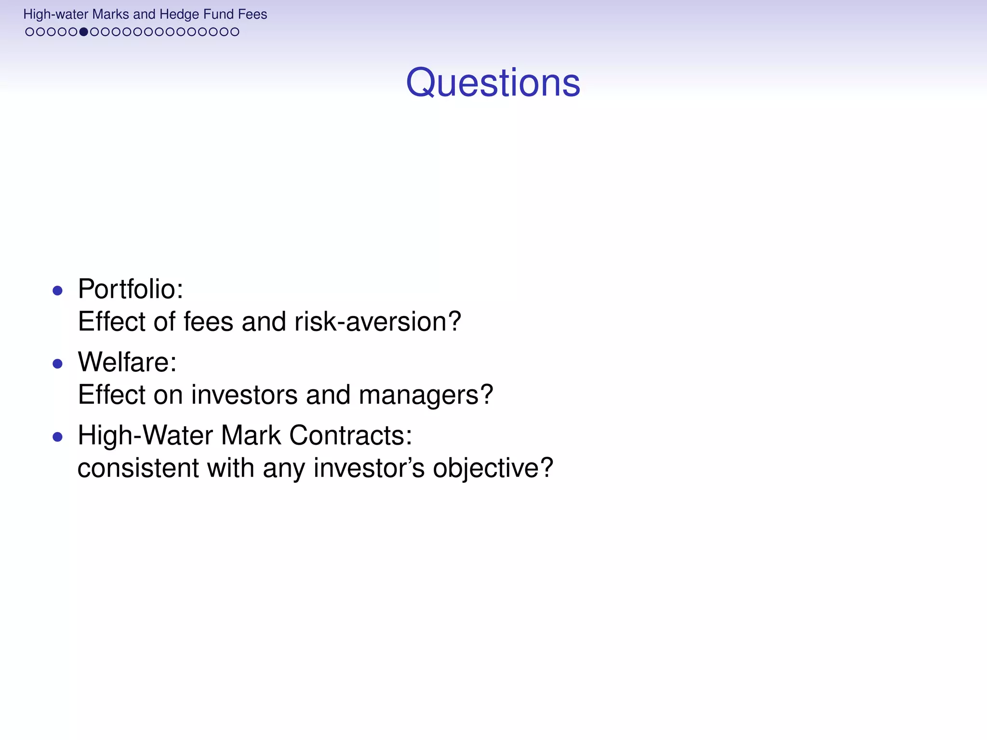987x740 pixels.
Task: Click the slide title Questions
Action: coord(493,83)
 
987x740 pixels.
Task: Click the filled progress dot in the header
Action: coord(84,32)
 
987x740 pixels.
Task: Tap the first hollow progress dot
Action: coord(30,32)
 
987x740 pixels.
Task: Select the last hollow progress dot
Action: coord(235,32)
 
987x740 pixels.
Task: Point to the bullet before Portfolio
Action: coord(58,291)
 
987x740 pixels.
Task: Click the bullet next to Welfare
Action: coord(58,364)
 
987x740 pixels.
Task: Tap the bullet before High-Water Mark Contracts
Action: coord(58,437)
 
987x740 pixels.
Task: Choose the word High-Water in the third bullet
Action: coord(145,436)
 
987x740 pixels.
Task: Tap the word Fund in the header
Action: coord(218,14)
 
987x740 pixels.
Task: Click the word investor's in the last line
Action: coord(369,468)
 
